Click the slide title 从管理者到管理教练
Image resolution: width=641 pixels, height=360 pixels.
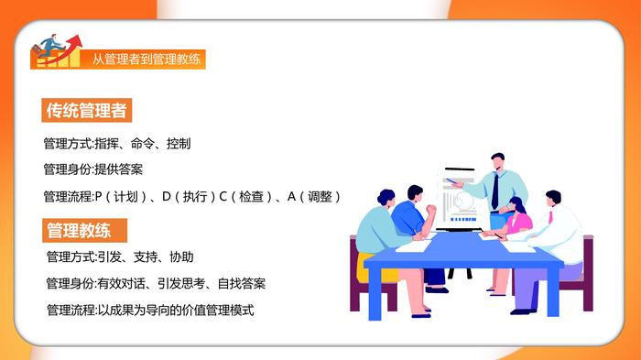pos(146,60)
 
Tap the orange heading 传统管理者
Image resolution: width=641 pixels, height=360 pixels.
pos(87,111)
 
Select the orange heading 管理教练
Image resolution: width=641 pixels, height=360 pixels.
pos(84,230)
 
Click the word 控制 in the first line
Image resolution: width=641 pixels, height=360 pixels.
pos(179,144)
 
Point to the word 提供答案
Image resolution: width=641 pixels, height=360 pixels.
pos(118,169)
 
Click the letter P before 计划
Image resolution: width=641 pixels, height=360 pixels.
pos(98,197)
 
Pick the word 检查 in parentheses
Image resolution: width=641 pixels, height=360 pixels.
pos(251,197)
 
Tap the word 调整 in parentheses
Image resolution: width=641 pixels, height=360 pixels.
pos(320,197)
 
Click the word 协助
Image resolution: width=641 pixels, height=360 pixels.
pos(181,256)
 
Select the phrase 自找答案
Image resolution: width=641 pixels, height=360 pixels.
pos(242,283)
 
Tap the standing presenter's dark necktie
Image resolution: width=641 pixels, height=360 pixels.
pos(495,191)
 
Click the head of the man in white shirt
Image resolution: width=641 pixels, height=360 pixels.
pos(553,199)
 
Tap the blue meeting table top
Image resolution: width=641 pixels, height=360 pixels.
pos(463,250)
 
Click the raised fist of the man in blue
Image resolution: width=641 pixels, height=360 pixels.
pos(431,210)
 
